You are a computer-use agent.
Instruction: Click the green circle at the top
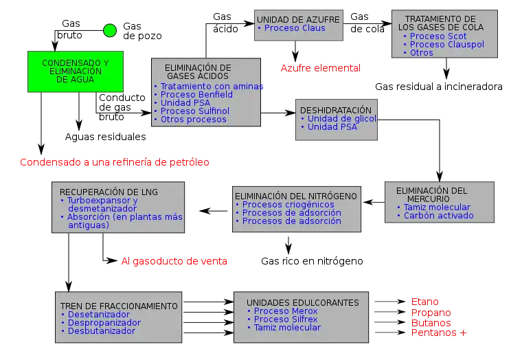coord(110,30)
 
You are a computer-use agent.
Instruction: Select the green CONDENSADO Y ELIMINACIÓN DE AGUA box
coord(76,71)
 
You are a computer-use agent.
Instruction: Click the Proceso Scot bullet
coord(438,36)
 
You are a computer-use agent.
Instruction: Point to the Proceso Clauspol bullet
coord(446,45)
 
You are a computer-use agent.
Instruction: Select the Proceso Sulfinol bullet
coord(194,111)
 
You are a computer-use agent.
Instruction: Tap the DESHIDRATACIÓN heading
coord(336,110)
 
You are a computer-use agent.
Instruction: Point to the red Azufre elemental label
coord(320,67)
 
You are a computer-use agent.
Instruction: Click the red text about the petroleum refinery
coord(113,163)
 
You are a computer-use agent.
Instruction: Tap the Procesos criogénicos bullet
coord(288,205)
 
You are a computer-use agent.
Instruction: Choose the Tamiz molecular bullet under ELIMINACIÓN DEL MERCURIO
coord(437,207)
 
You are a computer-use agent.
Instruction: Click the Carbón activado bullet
coord(438,216)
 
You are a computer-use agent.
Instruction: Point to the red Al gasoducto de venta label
coord(175,262)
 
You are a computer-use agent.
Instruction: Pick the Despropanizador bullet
coord(104,323)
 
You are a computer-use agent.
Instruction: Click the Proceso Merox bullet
coord(286,311)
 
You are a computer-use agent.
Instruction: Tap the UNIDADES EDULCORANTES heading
coord(302,302)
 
